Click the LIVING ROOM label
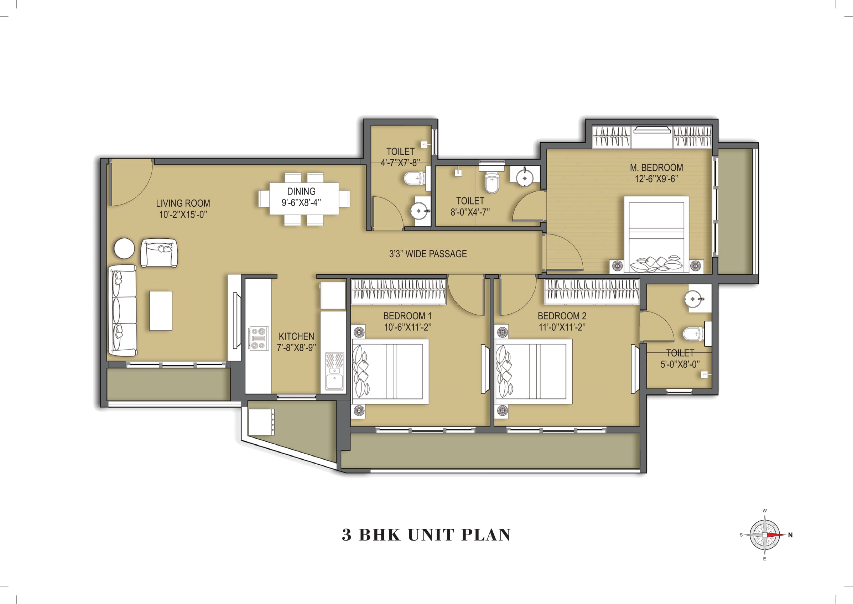click(183, 203)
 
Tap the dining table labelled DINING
click(304, 198)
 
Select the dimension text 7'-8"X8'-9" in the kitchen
click(296, 348)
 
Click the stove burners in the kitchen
click(259, 339)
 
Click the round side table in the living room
click(124, 248)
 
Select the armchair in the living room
click(159, 253)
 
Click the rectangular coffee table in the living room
click(161, 311)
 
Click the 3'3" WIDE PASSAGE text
click(428, 254)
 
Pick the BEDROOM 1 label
click(407, 316)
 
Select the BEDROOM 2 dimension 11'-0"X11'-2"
click(562, 327)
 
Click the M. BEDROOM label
click(656, 168)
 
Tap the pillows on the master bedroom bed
click(656, 263)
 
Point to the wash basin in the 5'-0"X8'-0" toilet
click(693, 299)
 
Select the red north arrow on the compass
click(776, 535)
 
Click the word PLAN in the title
click(486, 535)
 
